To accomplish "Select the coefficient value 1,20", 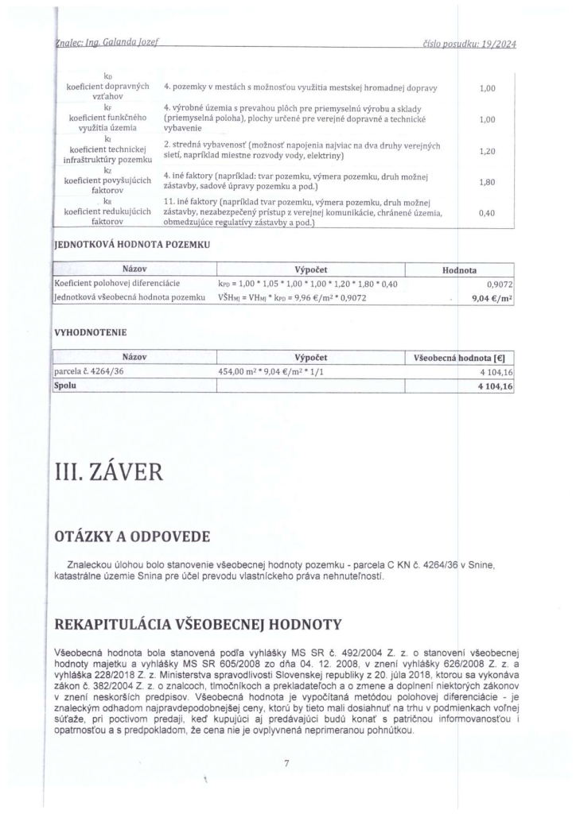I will tap(488, 150).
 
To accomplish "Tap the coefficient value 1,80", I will tap(488, 181).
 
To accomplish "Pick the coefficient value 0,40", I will tap(488, 213).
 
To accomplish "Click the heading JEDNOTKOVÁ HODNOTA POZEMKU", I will tap(130, 244).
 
